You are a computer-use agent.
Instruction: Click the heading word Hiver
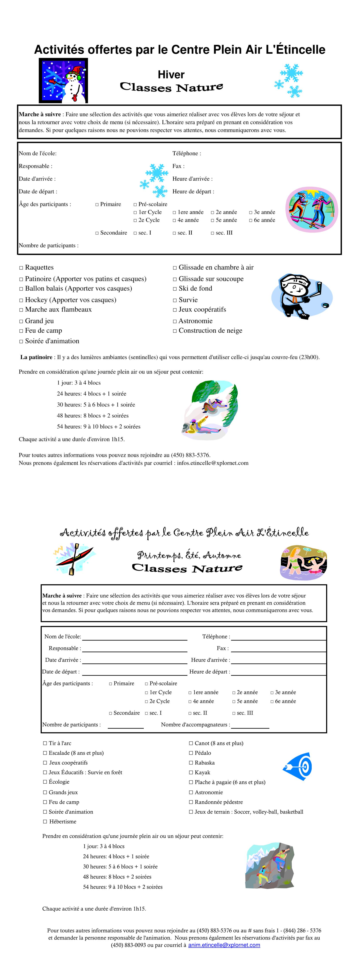[171, 75]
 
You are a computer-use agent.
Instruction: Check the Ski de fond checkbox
[175, 289]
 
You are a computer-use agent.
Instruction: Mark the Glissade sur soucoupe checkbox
[175, 279]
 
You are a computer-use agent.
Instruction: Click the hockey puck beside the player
[325, 305]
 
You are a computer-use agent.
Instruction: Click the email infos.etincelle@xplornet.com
[212, 463]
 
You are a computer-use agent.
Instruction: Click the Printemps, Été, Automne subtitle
[189, 555]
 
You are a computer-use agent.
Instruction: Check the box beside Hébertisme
[45, 821]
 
